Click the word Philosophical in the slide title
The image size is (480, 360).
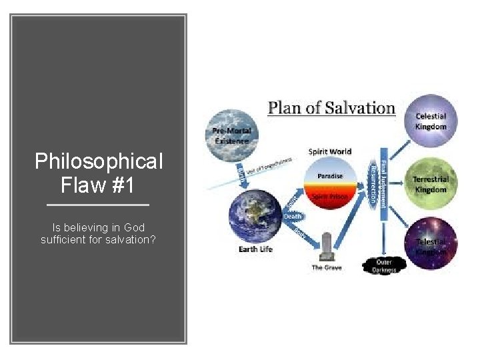(99, 161)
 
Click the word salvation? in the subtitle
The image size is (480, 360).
(133, 239)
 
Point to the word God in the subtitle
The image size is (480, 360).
(135, 228)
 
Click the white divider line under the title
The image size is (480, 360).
(99, 205)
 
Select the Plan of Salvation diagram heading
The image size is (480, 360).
(331, 109)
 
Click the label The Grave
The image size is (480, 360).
(327, 268)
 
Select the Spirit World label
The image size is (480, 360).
(330, 152)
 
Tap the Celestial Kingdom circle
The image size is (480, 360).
(431, 120)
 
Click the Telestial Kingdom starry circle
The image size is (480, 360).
(431, 244)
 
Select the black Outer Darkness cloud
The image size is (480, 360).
(383, 265)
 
